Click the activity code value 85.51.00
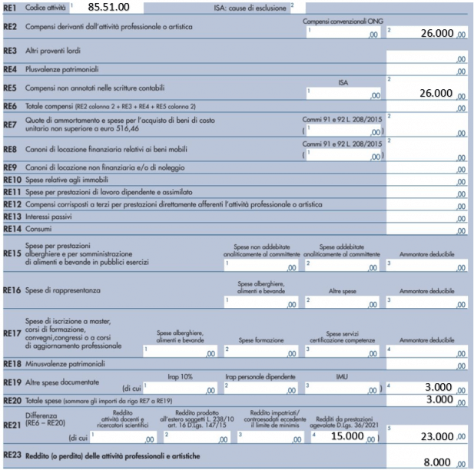coord(108,7)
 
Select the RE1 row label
coord(10,8)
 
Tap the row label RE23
coord(11,457)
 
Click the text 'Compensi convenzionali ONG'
coord(342,22)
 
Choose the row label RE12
coord(12,204)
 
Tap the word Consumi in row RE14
coord(38,230)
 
